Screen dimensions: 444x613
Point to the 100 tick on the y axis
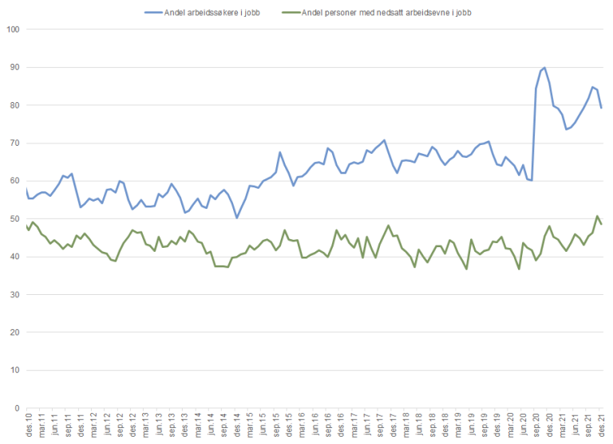[x=12, y=29]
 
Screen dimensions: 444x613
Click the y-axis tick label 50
[x=14, y=218]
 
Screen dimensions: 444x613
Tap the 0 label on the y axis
[x=17, y=408]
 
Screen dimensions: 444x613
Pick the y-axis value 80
[x=14, y=105]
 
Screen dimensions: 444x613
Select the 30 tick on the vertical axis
[x=14, y=294]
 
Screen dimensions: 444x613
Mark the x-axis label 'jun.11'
[x=53, y=425]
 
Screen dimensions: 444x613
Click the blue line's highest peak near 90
[x=544, y=68]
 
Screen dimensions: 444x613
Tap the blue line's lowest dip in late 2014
[x=237, y=218]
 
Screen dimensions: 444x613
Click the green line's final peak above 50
[x=597, y=216]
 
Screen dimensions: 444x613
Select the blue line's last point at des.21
[x=601, y=108]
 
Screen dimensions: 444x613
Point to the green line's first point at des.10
[x=26, y=225]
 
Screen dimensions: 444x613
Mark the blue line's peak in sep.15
[x=280, y=152]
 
